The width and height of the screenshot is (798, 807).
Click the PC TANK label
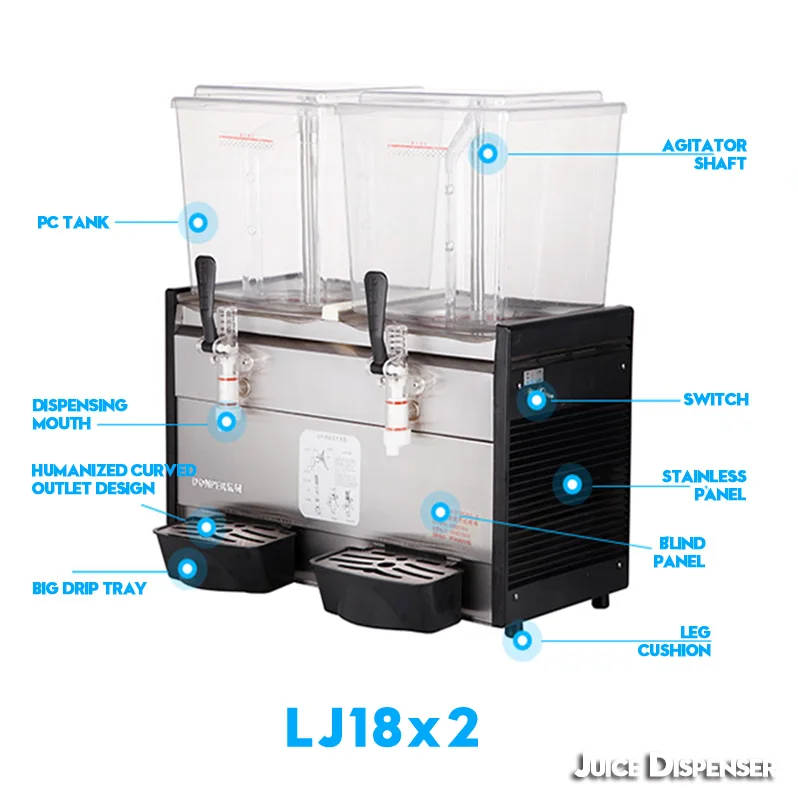click(73, 222)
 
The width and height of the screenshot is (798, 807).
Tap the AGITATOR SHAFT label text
click(704, 154)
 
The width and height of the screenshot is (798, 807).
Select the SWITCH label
click(715, 400)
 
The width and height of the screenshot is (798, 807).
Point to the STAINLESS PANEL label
click(704, 485)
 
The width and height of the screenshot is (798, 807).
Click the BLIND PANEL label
click(680, 552)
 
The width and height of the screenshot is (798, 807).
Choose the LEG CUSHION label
click(675, 641)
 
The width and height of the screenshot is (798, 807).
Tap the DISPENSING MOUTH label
click(79, 414)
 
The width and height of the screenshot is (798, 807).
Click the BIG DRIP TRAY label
click(88, 588)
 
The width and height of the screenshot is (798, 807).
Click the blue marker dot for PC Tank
click(198, 221)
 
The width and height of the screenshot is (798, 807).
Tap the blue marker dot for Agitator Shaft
click(488, 153)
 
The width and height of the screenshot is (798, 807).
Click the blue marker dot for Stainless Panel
click(571, 484)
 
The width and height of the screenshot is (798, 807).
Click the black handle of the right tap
click(376, 294)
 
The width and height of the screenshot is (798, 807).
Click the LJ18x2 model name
click(382, 727)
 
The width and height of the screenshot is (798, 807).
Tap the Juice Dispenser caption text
click(673, 768)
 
